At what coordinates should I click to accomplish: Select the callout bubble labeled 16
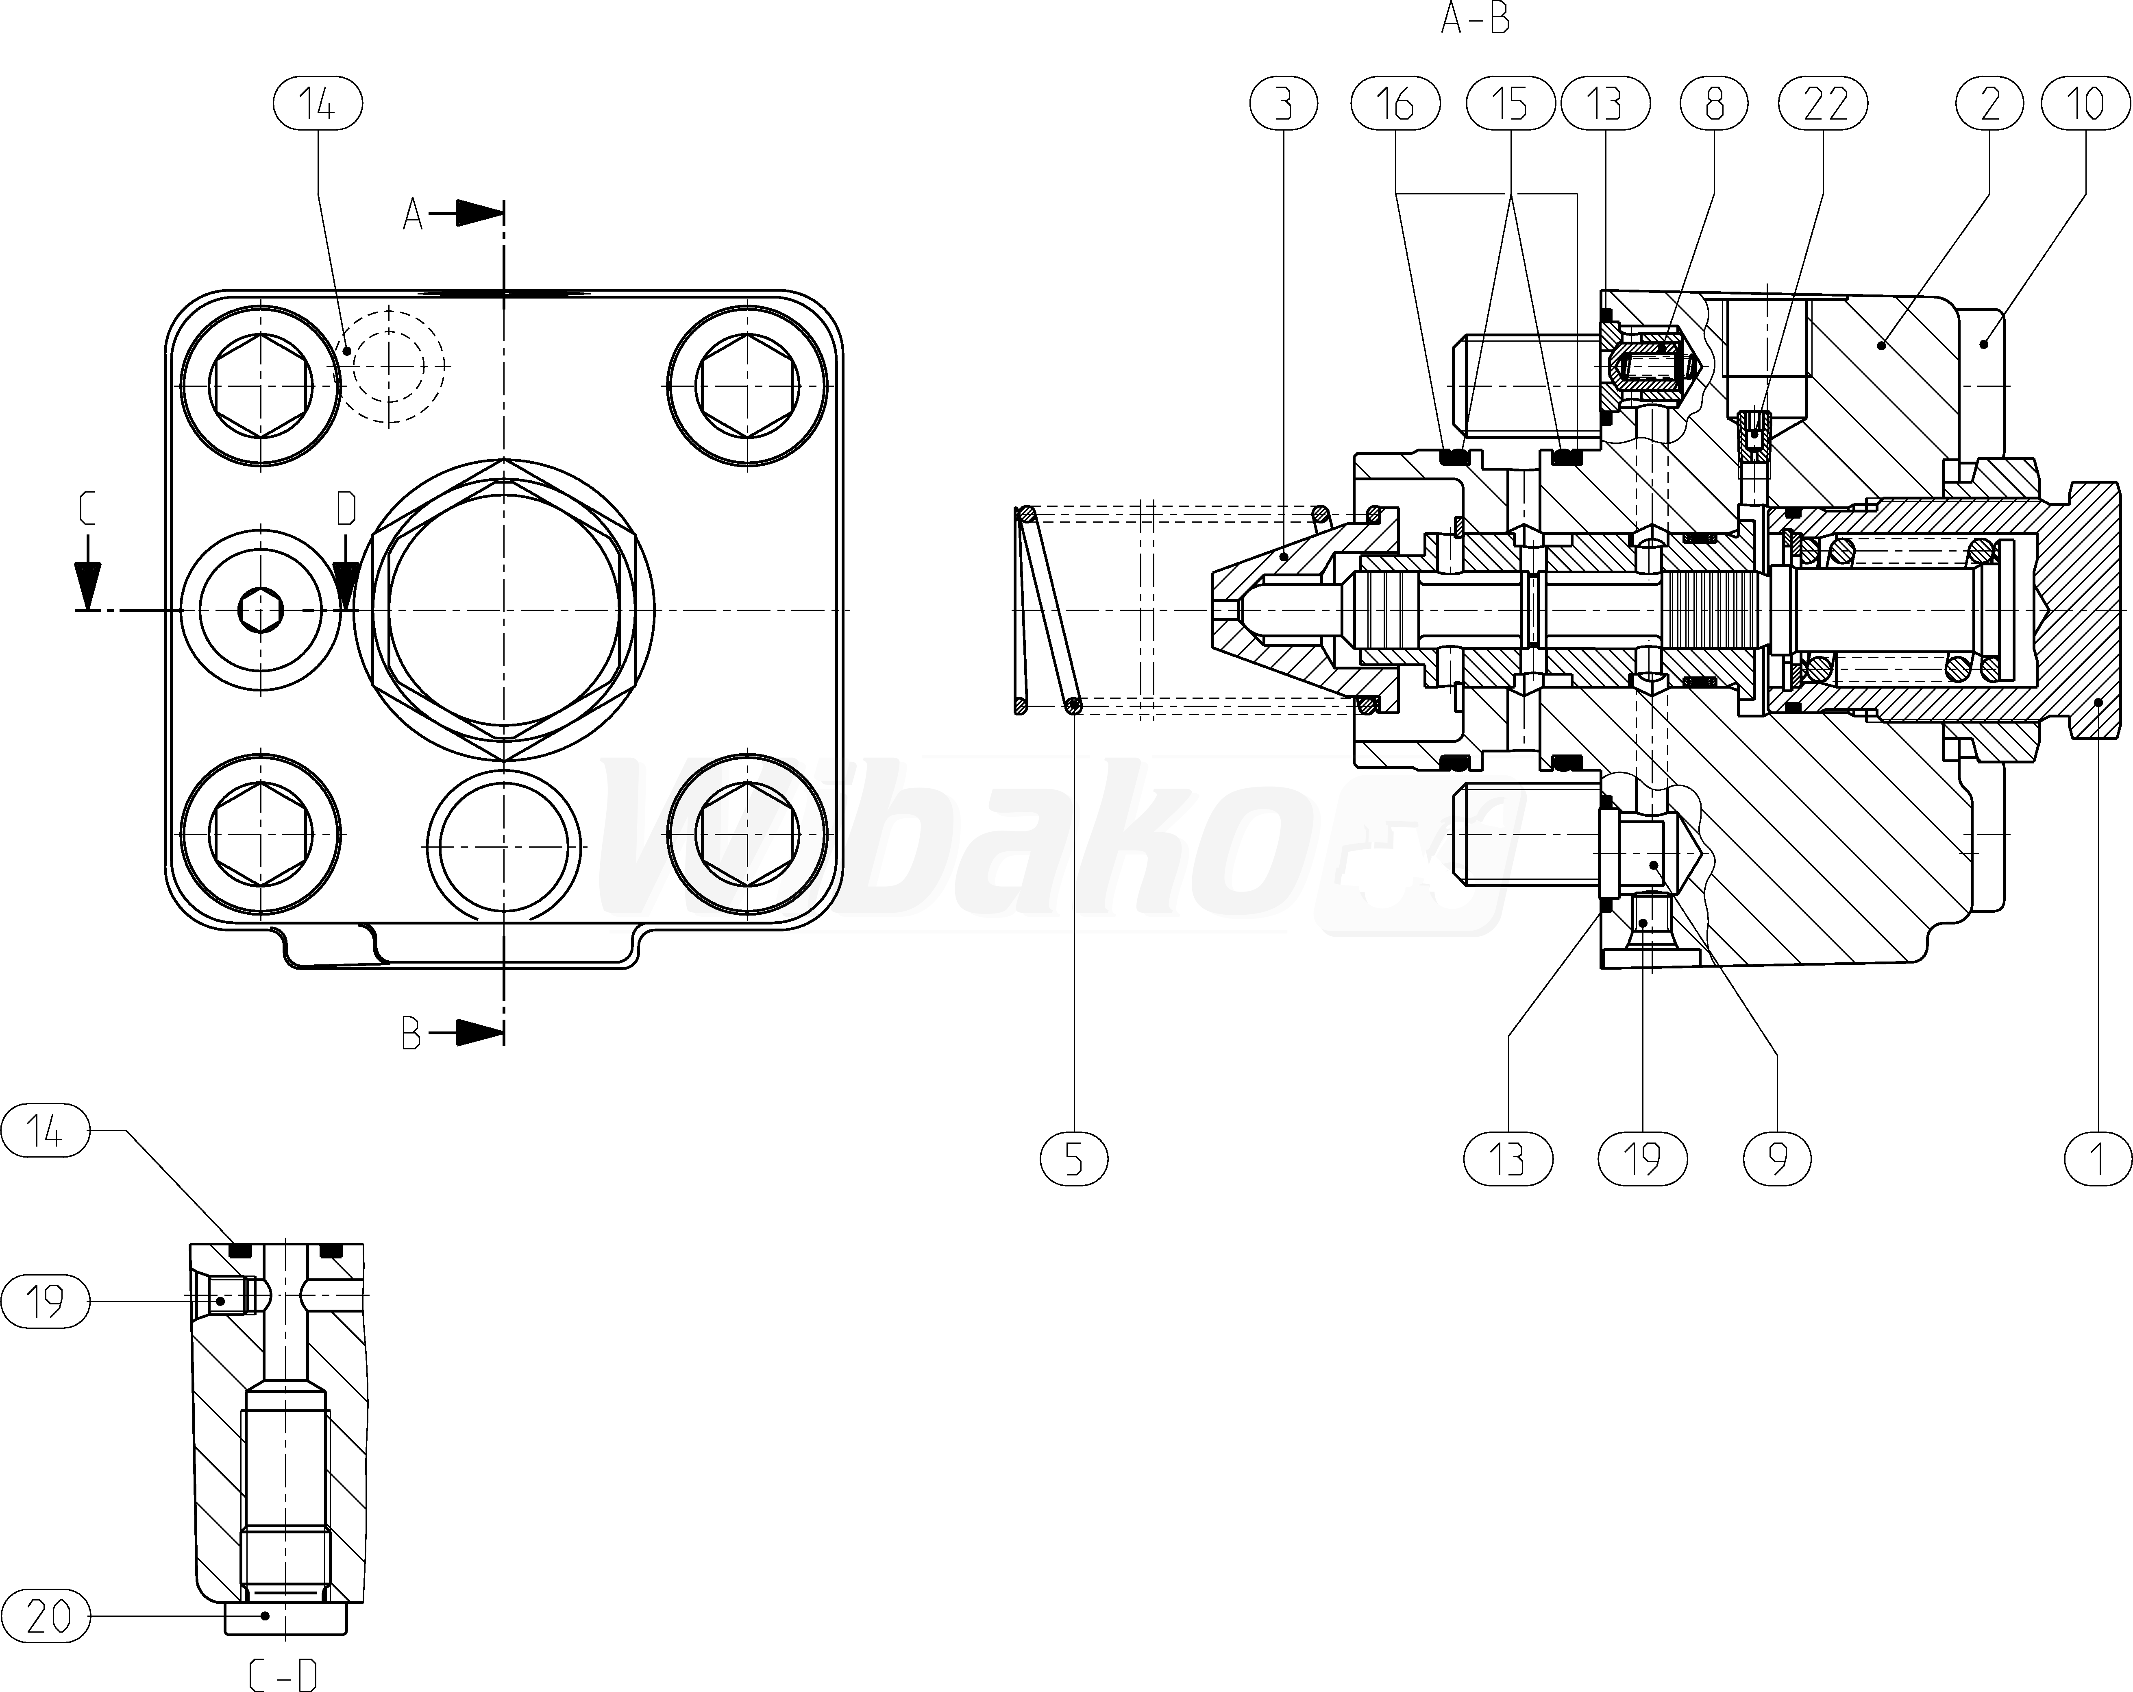pyautogui.click(x=1395, y=104)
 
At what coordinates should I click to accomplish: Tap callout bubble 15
pyautogui.click(x=1510, y=104)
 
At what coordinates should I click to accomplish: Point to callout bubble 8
pyautogui.click(x=1715, y=104)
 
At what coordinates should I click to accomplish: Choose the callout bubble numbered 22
pyautogui.click(x=1825, y=104)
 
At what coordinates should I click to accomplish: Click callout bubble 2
pyautogui.click(x=1989, y=104)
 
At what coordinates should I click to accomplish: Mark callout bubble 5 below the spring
pyautogui.click(x=1074, y=1159)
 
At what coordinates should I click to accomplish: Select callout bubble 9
pyautogui.click(x=1778, y=1159)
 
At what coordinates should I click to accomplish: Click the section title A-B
pyautogui.click(x=1475, y=20)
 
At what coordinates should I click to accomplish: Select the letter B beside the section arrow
pyautogui.click(x=411, y=1035)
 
